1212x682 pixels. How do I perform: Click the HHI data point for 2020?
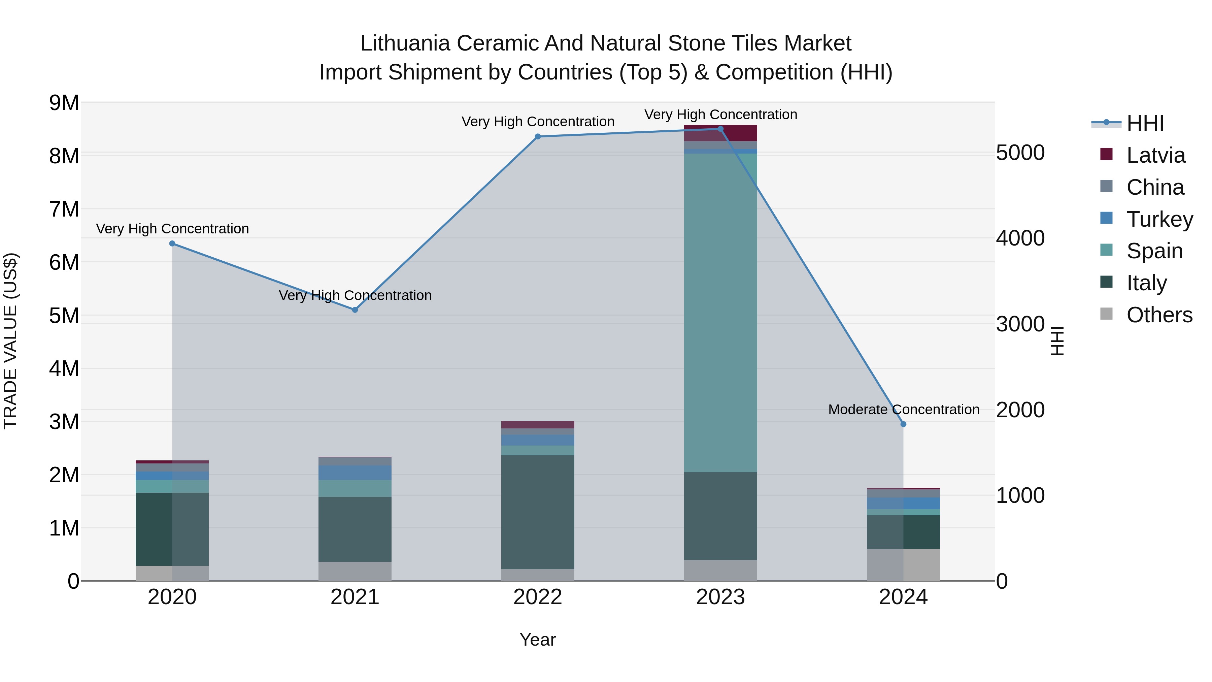pos(172,243)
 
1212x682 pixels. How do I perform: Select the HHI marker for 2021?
pos(355,310)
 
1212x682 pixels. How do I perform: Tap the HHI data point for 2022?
pos(538,136)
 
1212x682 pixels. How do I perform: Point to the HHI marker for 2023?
pos(720,129)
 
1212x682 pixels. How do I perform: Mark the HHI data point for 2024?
pos(903,424)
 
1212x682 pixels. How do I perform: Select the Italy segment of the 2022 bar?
pos(538,512)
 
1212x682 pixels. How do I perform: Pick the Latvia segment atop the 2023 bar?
pos(720,133)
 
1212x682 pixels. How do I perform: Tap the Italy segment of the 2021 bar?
pos(355,529)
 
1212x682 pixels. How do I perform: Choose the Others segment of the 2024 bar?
pos(903,565)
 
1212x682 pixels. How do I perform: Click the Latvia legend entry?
pos(1155,155)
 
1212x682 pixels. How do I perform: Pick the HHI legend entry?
pos(1145,123)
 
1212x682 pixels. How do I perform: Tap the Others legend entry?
pos(1159,315)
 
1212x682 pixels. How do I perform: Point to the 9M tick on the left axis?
pos(64,103)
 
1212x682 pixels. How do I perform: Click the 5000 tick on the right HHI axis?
pos(1020,153)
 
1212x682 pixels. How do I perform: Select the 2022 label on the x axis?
pos(538,597)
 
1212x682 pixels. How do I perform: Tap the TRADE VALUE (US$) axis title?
pos(10,341)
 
